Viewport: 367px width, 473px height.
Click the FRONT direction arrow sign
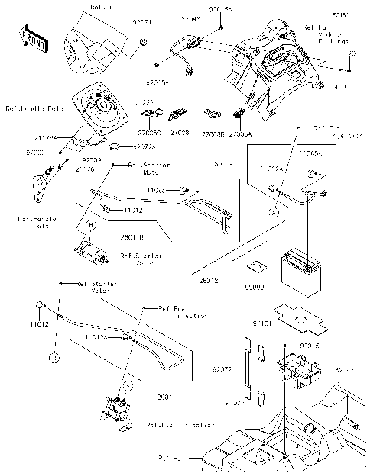point(31,36)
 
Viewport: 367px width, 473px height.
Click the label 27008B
point(212,132)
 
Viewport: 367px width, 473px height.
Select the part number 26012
point(209,281)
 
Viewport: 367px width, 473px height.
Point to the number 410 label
point(339,87)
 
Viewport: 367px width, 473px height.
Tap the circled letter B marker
point(90,225)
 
